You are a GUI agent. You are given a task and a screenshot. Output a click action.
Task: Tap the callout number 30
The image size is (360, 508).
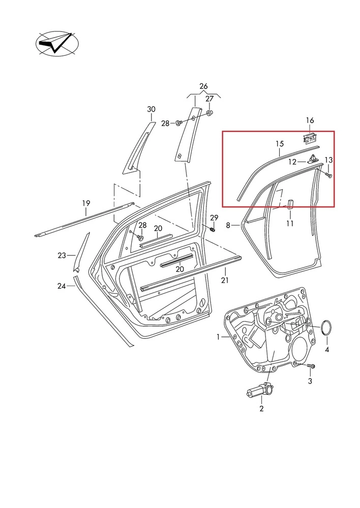152,109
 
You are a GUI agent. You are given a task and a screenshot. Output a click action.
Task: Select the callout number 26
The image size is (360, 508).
203,86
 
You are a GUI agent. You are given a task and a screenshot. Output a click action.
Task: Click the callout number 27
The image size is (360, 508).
210,99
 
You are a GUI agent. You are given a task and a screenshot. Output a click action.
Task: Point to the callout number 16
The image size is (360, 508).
310,120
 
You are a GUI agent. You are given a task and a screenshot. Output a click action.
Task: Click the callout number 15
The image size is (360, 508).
279,144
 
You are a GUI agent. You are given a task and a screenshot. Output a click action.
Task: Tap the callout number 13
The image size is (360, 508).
328,160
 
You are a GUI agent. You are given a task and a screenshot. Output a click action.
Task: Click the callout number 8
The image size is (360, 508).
228,225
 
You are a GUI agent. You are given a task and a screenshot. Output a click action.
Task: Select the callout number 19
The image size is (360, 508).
86,204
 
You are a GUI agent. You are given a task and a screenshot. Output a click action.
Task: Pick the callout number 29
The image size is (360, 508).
214,218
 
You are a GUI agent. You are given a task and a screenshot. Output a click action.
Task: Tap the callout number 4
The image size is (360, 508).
327,350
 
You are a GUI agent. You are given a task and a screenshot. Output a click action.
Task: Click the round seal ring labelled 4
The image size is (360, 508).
327,329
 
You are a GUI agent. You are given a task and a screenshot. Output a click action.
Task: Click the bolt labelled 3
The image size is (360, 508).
311,366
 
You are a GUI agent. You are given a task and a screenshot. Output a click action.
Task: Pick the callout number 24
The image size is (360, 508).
62,286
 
